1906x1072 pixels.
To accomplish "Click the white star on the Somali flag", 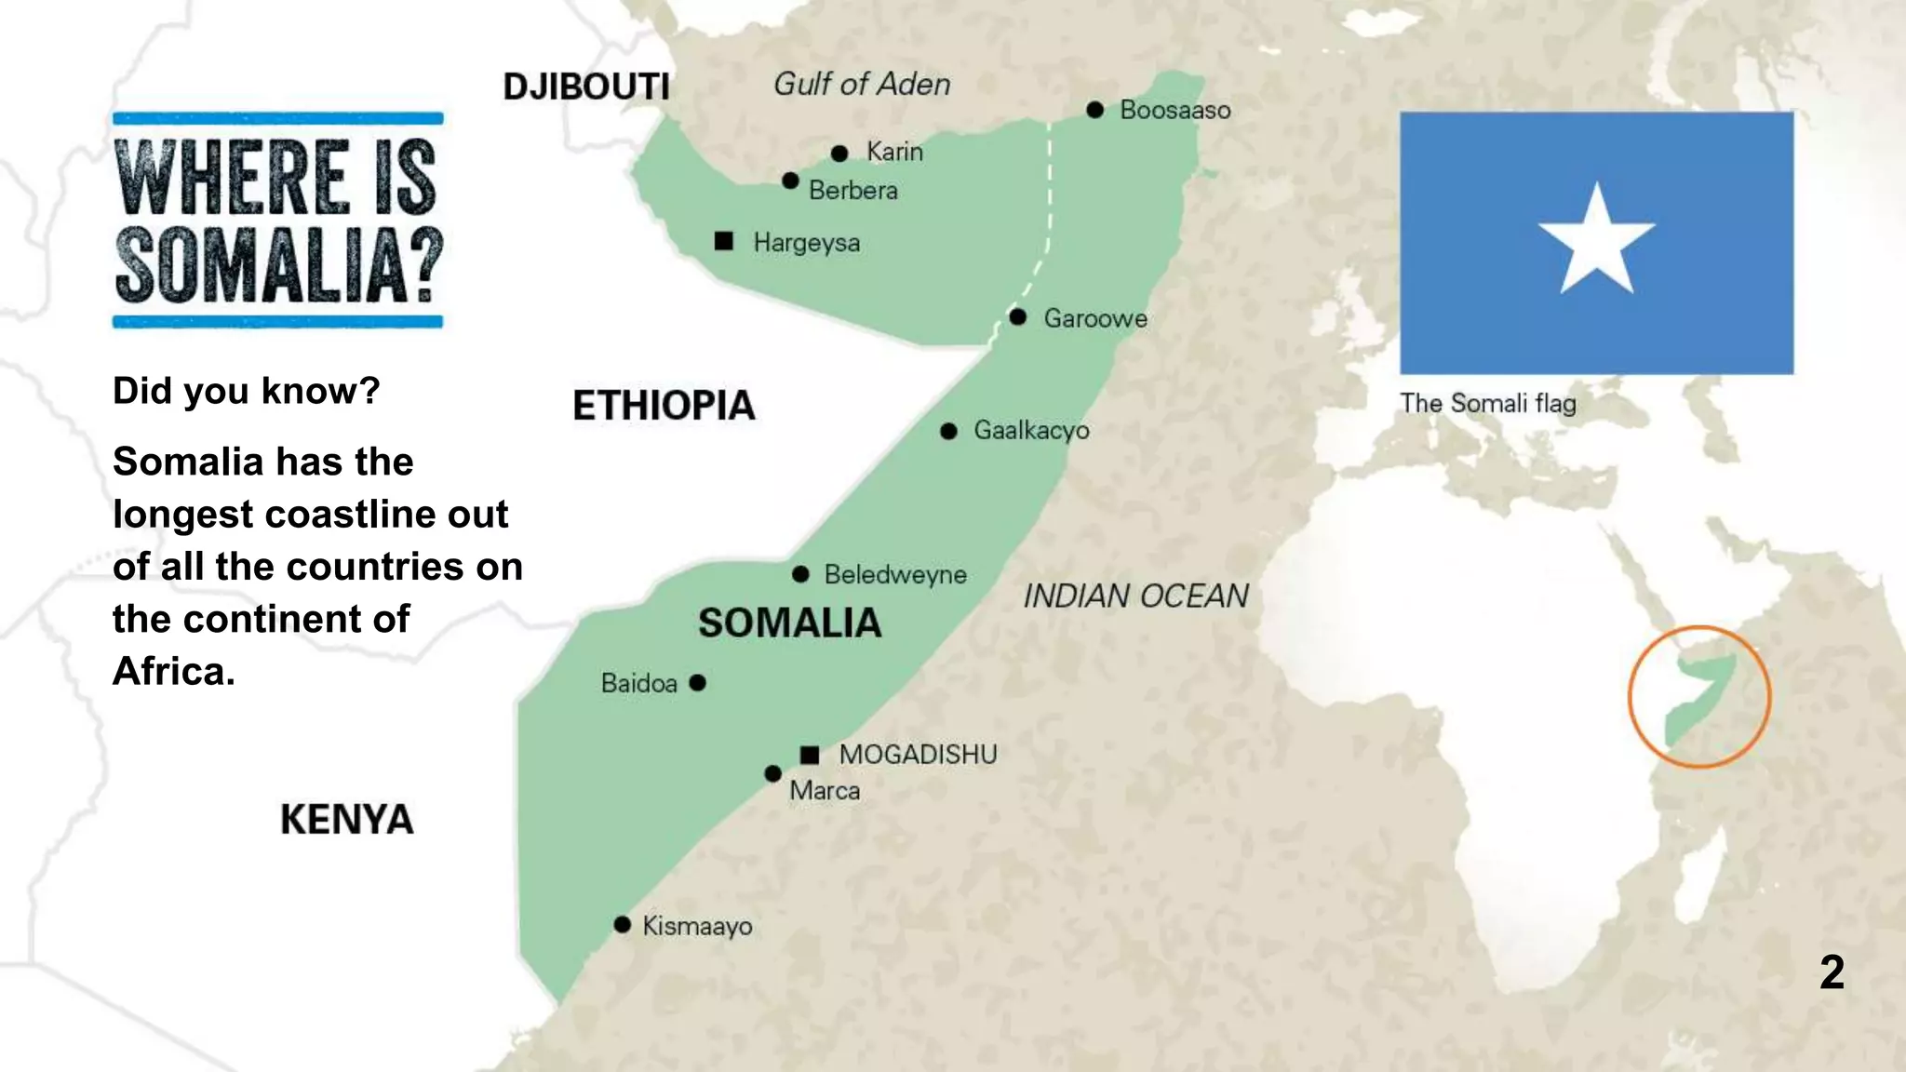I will pyautogui.click(x=1596, y=241).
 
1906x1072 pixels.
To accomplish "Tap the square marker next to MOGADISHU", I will pyautogui.click(x=810, y=754).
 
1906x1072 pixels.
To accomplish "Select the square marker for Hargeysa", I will pyautogui.click(x=724, y=242).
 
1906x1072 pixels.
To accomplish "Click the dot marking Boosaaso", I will pyautogui.click(x=1095, y=110).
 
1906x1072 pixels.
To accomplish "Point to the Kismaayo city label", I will pyautogui.click(x=697, y=926).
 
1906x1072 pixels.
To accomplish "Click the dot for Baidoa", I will pyautogui.click(x=698, y=683).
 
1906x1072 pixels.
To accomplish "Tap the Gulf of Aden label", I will pyautogui.click(x=862, y=85).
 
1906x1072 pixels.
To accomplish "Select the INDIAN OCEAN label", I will pyautogui.click(x=1135, y=596).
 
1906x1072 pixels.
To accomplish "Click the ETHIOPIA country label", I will pyautogui.click(x=664, y=406).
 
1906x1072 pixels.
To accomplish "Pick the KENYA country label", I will pyautogui.click(x=346, y=820).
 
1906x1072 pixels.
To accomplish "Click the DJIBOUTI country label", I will pyautogui.click(x=586, y=87).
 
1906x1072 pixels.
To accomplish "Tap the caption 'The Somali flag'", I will pyautogui.click(x=1487, y=403).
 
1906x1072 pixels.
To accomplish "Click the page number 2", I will pyautogui.click(x=1832, y=972).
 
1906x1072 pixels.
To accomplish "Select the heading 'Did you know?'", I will pyautogui.click(x=246, y=391).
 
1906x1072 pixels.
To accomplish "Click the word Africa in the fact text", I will pyautogui.click(x=172, y=671).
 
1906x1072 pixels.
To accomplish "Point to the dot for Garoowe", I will pyautogui.click(x=1018, y=317).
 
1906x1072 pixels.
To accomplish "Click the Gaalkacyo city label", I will pyautogui.click(x=1031, y=431).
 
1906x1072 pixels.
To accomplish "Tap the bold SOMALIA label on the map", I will pyautogui.click(x=789, y=623).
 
